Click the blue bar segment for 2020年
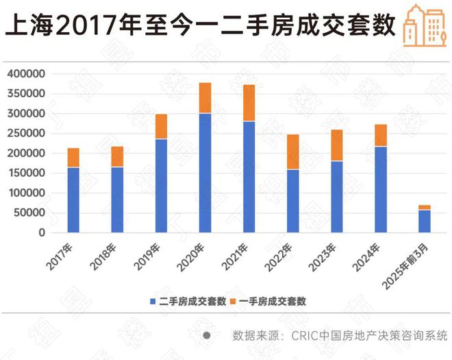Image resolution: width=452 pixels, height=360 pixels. pyautogui.click(x=205, y=172)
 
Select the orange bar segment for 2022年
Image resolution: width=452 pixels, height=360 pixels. pyautogui.click(x=292, y=151)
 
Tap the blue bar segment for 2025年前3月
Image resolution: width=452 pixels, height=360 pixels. pyautogui.click(x=425, y=221)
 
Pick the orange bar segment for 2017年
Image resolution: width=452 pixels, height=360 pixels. pyautogui.click(x=73, y=157)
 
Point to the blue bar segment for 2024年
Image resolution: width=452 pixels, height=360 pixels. pyautogui.click(x=381, y=190)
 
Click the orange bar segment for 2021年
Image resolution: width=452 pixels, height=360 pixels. pyautogui.click(x=249, y=103)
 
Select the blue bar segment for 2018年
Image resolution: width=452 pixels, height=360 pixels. pyautogui.click(x=117, y=200)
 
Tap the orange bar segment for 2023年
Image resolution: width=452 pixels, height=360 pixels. pyautogui.click(x=336, y=145)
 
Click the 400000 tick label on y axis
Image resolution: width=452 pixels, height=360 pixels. pyautogui.click(x=27, y=74)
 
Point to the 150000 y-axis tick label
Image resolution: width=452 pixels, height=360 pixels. pyautogui.click(x=27, y=173)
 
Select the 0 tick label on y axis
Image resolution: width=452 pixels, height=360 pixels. pyautogui.click(x=42, y=233)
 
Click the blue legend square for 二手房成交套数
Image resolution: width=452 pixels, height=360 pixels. pyautogui.click(x=153, y=301)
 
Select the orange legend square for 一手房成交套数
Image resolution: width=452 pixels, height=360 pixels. pyautogui.click(x=234, y=301)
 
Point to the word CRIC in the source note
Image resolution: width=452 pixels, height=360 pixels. pyautogui.click(x=305, y=335)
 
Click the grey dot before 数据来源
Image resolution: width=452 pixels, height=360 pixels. pyautogui.click(x=206, y=335)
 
